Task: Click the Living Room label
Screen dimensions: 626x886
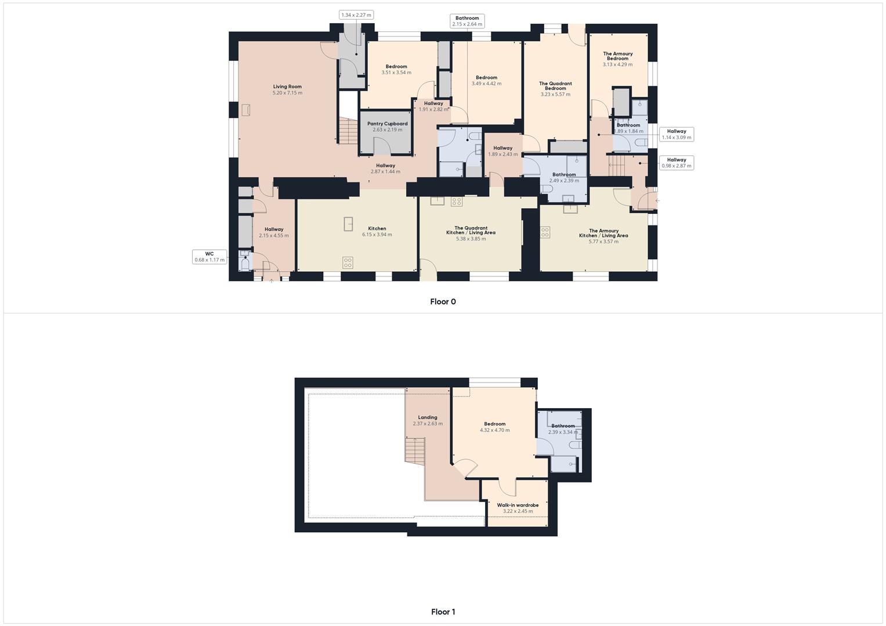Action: pos(287,87)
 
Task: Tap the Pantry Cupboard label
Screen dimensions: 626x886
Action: pos(387,123)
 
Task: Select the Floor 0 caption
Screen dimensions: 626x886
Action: pos(443,301)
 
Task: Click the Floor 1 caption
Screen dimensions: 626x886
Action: pos(443,612)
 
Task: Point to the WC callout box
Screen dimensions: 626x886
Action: pos(209,257)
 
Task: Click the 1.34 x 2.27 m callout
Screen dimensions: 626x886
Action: pos(356,15)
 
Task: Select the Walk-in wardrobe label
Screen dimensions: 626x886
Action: pos(518,505)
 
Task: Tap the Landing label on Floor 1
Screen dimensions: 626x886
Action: pos(428,417)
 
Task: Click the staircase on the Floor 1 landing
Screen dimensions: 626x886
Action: pos(415,450)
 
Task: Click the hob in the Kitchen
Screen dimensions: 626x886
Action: pos(348,263)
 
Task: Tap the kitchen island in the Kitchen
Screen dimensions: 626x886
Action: pos(349,224)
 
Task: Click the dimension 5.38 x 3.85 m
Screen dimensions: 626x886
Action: pos(470,239)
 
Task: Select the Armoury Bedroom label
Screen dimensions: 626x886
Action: pos(617,56)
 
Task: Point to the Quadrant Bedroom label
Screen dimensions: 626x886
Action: pos(555,86)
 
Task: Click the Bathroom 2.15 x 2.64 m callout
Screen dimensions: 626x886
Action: pos(467,21)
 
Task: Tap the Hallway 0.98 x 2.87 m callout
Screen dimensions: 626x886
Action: pos(677,163)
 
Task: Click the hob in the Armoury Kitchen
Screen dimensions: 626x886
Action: pos(545,232)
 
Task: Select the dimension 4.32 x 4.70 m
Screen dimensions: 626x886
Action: pos(494,430)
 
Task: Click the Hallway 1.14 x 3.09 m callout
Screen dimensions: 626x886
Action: pos(677,134)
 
